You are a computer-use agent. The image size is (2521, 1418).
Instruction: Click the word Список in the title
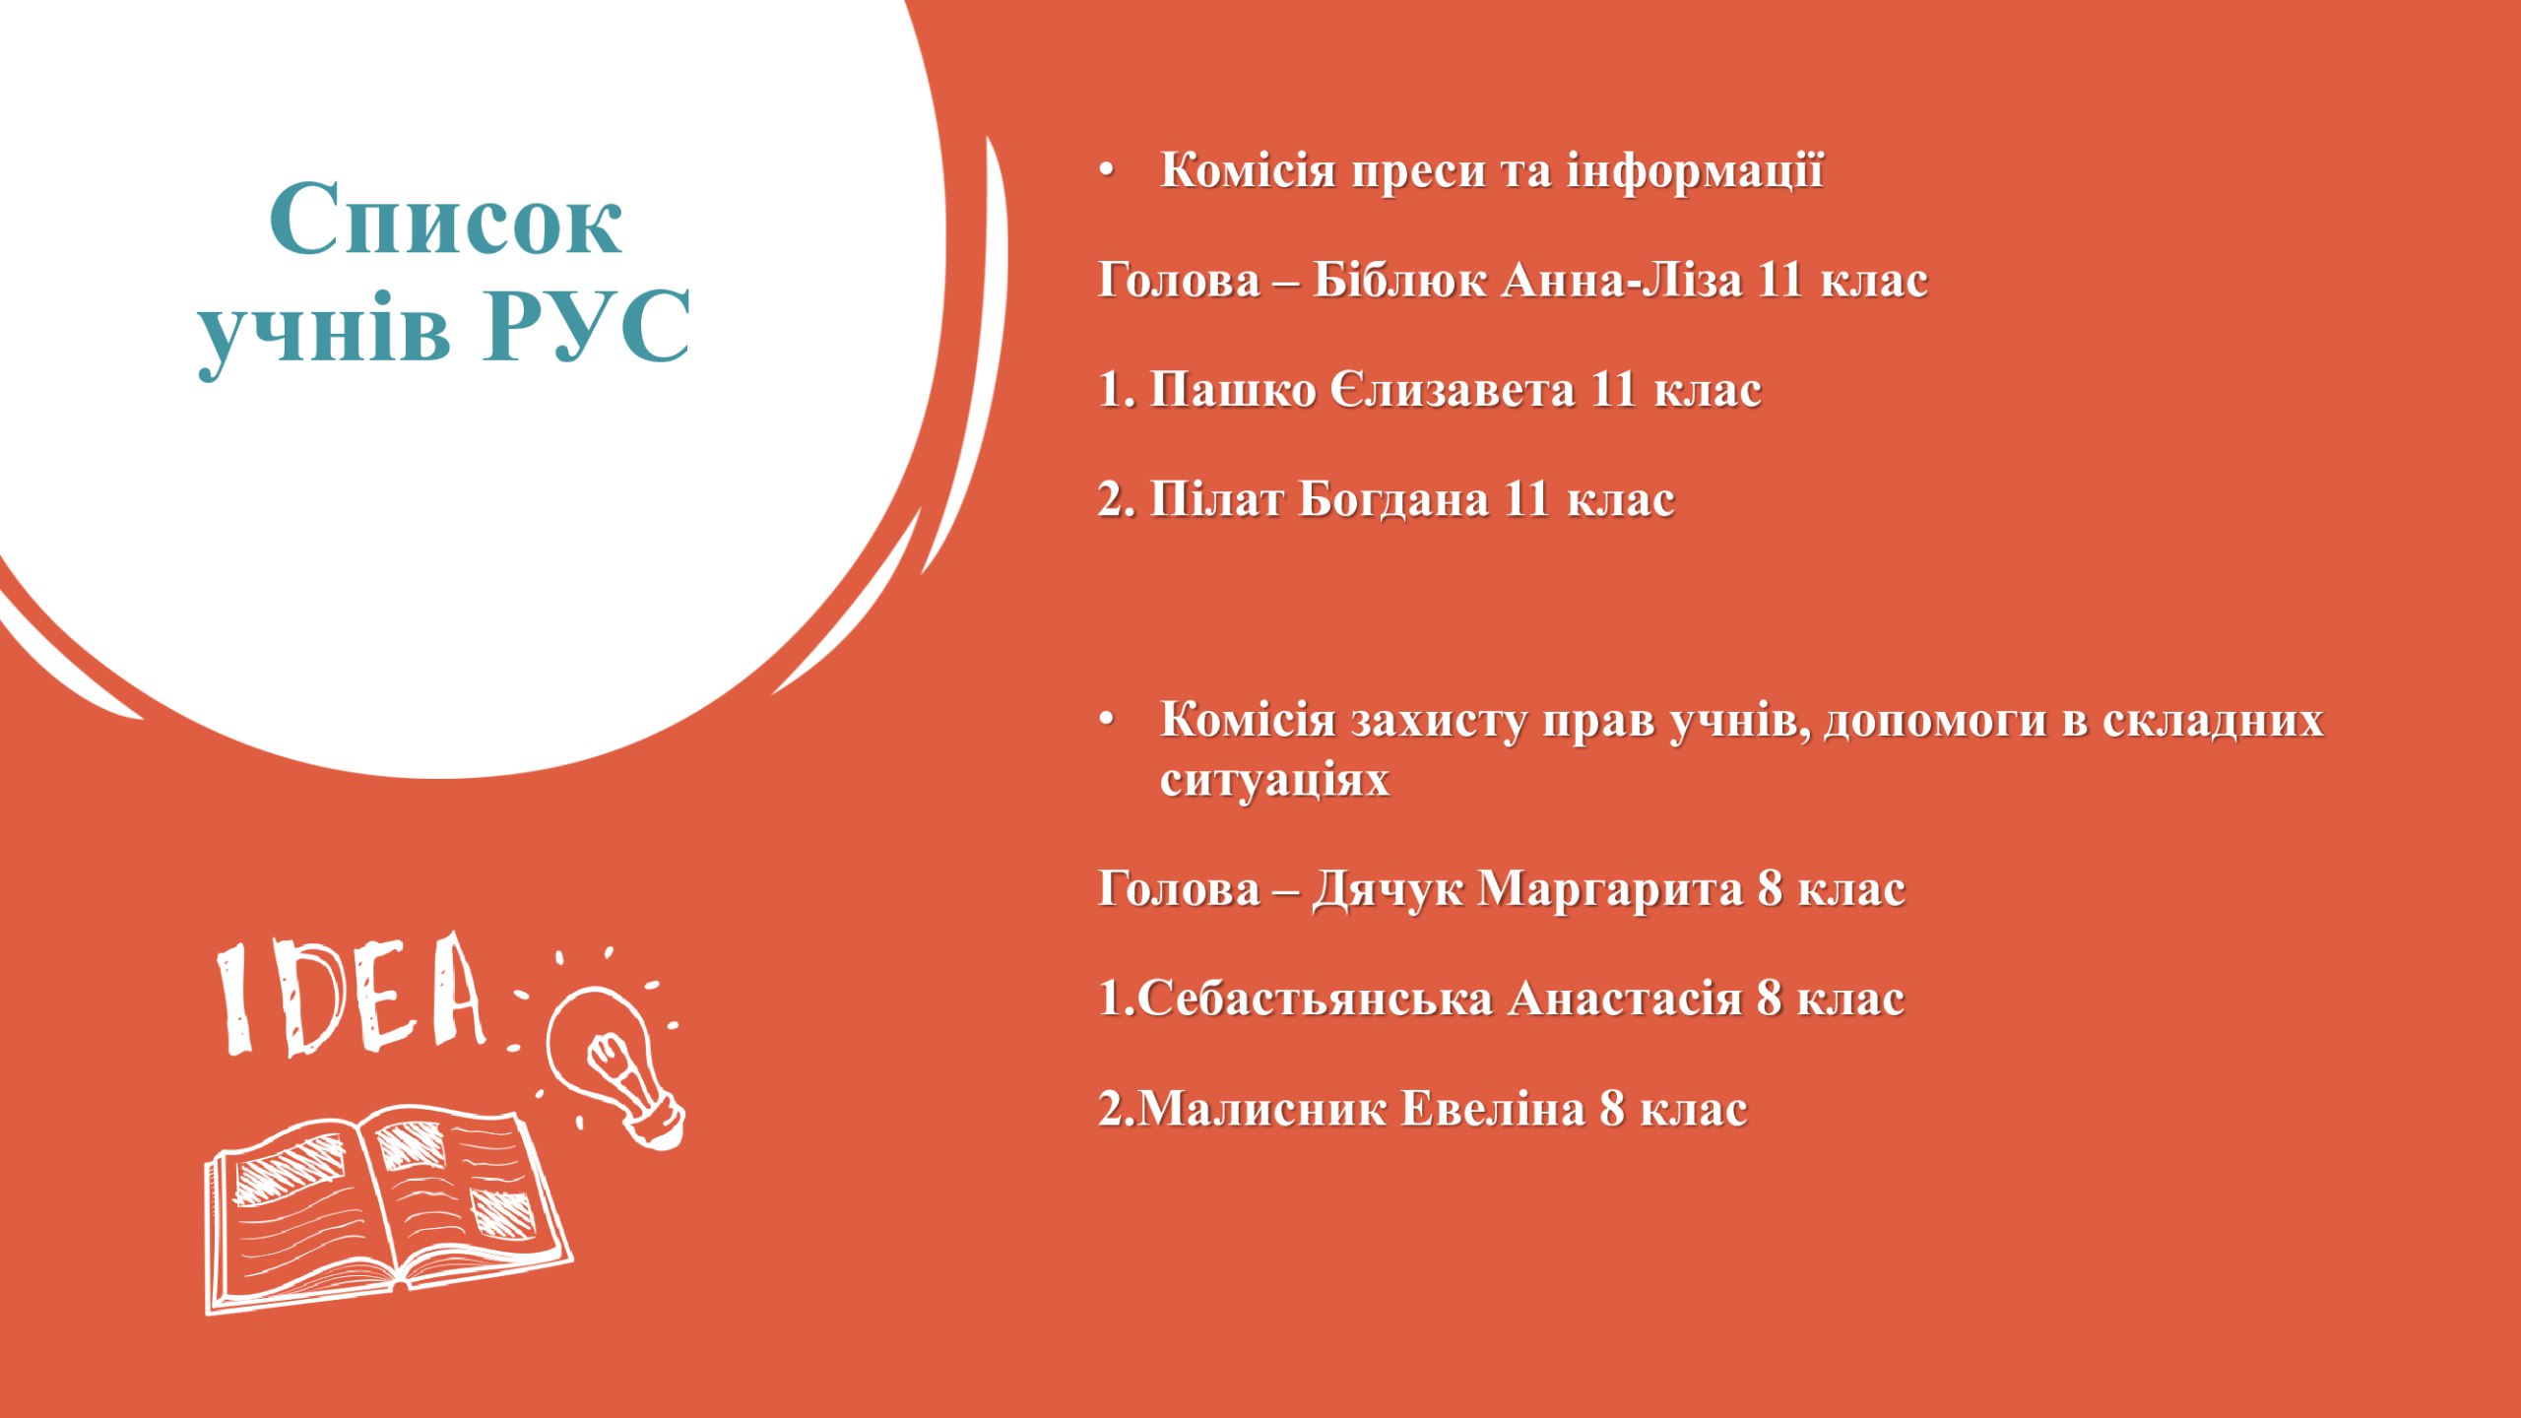point(445,219)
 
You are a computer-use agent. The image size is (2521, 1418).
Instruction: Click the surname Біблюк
point(1399,281)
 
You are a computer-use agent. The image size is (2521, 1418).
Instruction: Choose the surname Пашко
point(1233,390)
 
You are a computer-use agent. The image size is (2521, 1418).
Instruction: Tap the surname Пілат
point(1217,499)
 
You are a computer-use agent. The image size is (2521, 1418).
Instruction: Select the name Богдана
point(1393,499)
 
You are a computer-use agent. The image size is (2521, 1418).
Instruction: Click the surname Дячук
point(1388,890)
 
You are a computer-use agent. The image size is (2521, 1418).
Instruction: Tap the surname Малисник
point(1262,1109)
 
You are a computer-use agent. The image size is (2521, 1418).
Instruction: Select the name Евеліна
point(1493,1109)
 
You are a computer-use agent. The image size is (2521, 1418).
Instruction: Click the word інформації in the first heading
point(1695,171)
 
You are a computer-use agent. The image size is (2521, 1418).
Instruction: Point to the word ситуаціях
point(1274,780)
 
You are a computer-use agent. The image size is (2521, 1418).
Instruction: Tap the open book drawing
point(388,1211)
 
